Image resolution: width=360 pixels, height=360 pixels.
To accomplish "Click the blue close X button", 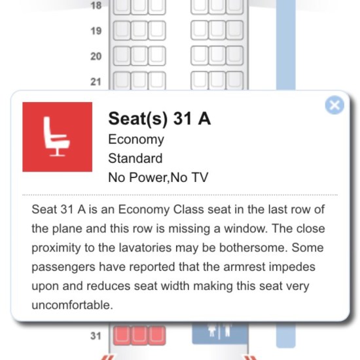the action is pyautogui.click(x=334, y=105).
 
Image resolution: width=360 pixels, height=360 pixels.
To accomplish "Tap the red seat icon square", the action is pyautogui.click(x=58, y=137).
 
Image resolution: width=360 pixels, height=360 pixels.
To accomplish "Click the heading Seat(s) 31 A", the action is pyautogui.click(x=159, y=118).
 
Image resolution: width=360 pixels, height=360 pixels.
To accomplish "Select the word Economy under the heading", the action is pyautogui.click(x=136, y=139).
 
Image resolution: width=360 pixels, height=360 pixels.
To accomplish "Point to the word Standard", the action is pyautogui.click(x=135, y=158).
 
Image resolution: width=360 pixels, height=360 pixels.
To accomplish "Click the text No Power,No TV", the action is pyautogui.click(x=158, y=177).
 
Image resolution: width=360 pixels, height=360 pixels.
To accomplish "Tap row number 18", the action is pyautogui.click(x=96, y=5).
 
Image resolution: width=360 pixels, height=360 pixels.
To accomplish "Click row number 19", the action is pyautogui.click(x=96, y=31).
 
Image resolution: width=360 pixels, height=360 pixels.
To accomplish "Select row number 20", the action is pyautogui.click(x=96, y=56).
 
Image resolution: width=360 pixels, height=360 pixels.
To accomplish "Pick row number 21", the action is pyautogui.click(x=96, y=82).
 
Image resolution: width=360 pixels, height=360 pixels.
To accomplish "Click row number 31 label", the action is pyautogui.click(x=96, y=336).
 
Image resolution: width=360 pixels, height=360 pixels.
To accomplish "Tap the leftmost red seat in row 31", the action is pyautogui.click(x=122, y=335).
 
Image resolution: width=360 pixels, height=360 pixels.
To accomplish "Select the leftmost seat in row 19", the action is pyautogui.click(x=122, y=30).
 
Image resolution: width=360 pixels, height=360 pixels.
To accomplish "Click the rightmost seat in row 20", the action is pyautogui.click(x=234, y=56).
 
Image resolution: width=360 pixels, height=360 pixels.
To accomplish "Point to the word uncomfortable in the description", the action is pyautogui.click(x=72, y=305).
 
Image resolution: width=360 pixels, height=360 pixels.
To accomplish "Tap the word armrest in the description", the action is pyautogui.click(x=244, y=267).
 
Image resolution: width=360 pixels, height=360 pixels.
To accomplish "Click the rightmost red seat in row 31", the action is pyautogui.click(x=157, y=335).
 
